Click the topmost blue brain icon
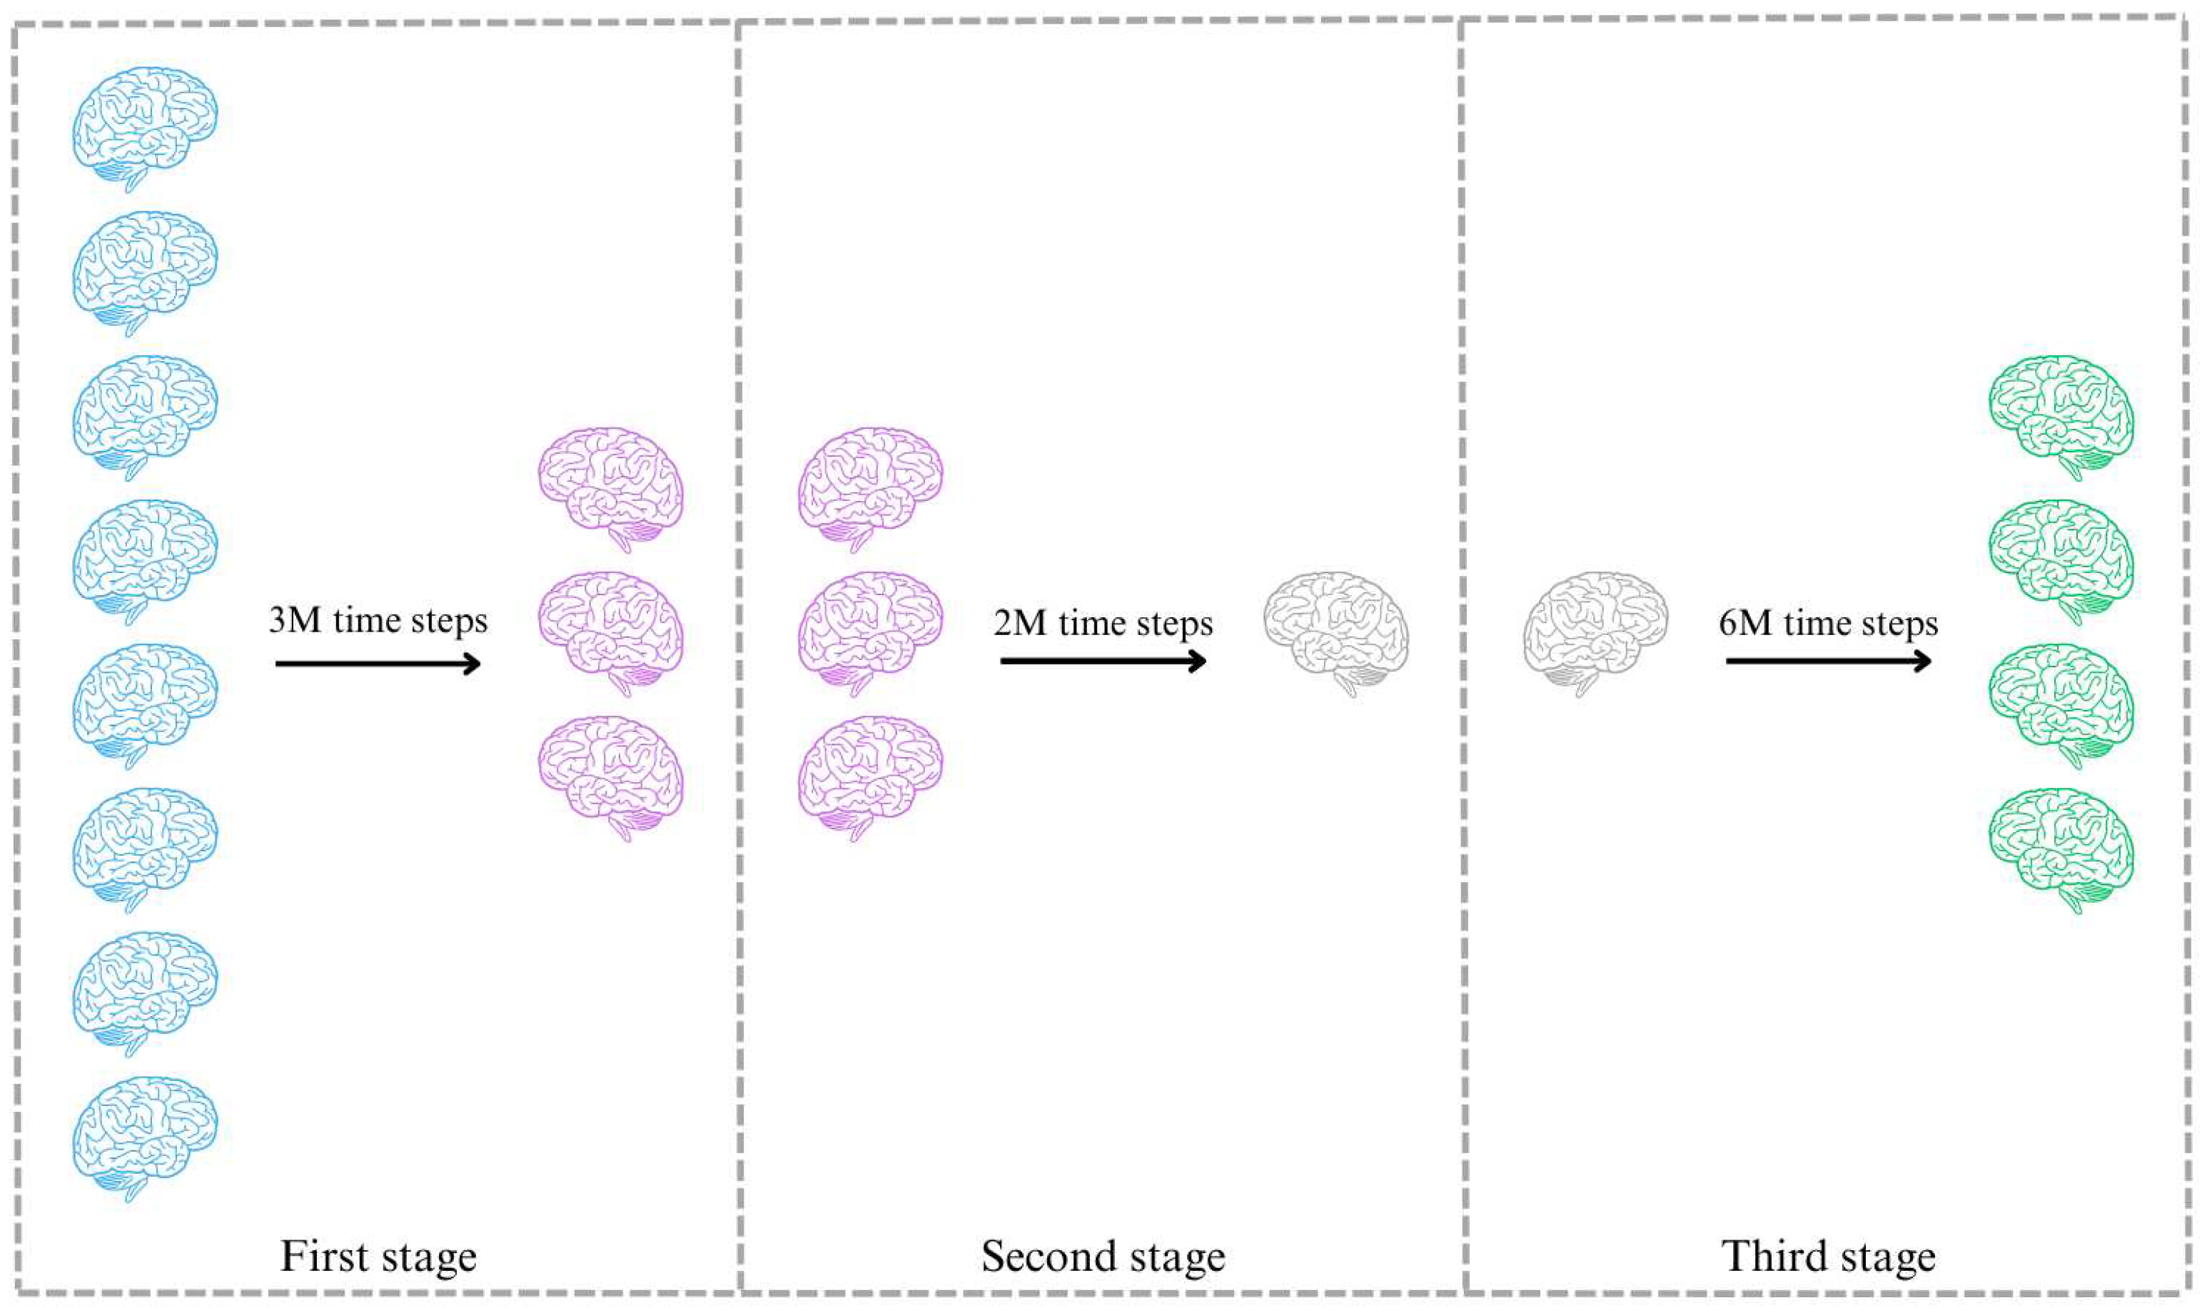(145, 128)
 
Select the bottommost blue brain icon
(145, 1137)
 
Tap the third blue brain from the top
(145, 416)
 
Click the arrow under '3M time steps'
(378, 663)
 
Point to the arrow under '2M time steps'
(1103, 661)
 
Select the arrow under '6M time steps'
(1828, 660)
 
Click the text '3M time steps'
(378, 621)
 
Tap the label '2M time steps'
(1103, 623)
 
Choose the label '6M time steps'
(1828, 623)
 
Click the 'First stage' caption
(378, 1256)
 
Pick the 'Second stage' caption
(1103, 1256)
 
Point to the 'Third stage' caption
(1828, 1256)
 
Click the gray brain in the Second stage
(1335, 633)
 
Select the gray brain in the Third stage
(1595, 633)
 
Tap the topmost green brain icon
(2061, 416)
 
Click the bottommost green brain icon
(2061, 848)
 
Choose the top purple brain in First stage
(611, 488)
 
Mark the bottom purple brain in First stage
(611, 776)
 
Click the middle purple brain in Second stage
(870, 633)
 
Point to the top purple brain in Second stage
(870, 488)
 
